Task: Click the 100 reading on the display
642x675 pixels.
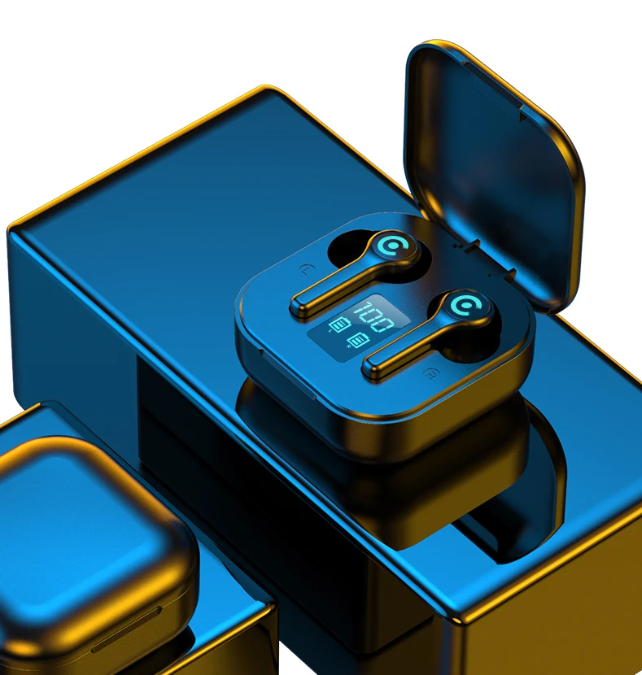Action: (x=373, y=317)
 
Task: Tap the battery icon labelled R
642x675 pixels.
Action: (x=358, y=339)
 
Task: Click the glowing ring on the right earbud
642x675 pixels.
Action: (x=466, y=306)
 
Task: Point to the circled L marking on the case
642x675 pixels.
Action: (x=306, y=270)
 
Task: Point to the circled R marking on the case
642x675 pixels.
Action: (x=430, y=373)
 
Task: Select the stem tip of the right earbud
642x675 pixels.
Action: (x=370, y=368)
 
